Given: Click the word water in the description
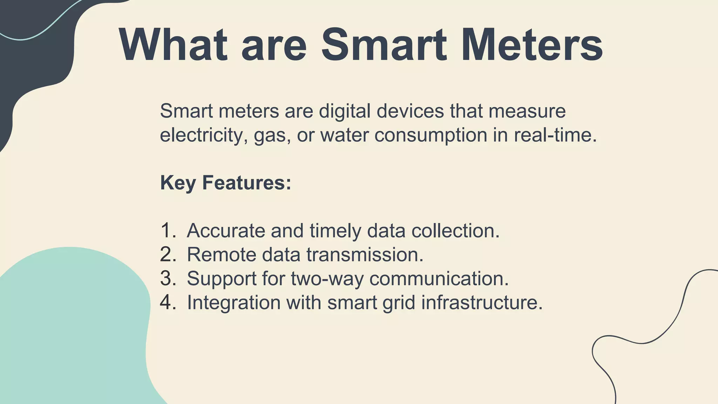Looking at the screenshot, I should click(x=344, y=135).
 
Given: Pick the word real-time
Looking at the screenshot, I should click(x=555, y=135).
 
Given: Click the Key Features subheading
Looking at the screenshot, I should click(x=225, y=183).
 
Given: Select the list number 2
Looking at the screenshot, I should click(x=168, y=255).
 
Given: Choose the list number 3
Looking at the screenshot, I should click(x=168, y=278).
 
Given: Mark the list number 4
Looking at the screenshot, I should click(x=168, y=302).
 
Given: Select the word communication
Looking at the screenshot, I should click(x=439, y=278).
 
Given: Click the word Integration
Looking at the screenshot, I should click(x=234, y=302).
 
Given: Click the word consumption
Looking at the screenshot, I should click(x=431, y=135).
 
